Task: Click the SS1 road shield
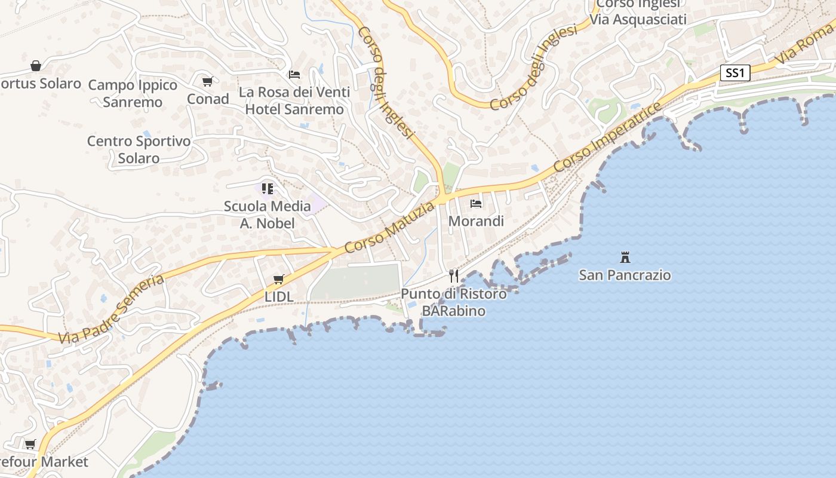coord(734,73)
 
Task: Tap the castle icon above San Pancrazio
coord(625,258)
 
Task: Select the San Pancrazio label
coord(625,275)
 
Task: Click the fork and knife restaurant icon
coord(454,275)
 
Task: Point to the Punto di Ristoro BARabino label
coord(453,302)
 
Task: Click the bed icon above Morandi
coord(476,204)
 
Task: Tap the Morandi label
coord(476,221)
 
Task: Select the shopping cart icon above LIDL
coord(278,279)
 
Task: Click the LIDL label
coord(279,296)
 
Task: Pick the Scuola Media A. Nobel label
coord(267,215)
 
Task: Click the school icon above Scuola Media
coord(267,189)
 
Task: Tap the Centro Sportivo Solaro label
coord(139,149)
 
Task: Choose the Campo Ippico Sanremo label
coord(133,93)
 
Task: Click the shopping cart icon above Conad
coord(207,81)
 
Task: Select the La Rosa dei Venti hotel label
coord(294,100)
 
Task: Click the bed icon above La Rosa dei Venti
coord(294,75)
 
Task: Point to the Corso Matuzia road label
coord(390,227)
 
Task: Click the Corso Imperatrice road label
coord(607,137)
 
